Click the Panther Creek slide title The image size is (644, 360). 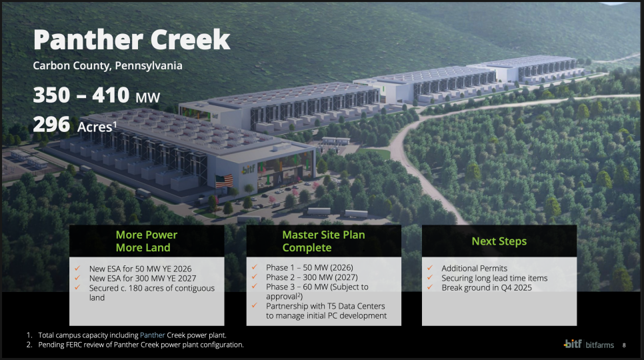coord(131,40)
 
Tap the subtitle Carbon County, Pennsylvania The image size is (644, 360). coord(107,66)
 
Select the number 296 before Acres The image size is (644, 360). coord(51,125)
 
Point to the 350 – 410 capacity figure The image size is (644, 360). coord(81,95)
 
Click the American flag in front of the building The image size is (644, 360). coord(224,181)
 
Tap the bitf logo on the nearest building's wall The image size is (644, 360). coord(248,169)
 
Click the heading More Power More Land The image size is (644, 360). coord(147,241)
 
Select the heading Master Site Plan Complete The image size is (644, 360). coord(323,241)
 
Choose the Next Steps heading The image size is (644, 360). coord(499,241)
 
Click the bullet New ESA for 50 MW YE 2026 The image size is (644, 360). coord(141,269)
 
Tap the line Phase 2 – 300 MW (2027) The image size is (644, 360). coord(312,277)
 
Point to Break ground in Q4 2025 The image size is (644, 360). coord(487,288)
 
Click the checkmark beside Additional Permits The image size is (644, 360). coord(430,267)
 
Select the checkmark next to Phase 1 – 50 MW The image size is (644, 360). coord(255,267)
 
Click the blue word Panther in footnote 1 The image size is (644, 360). coord(153,335)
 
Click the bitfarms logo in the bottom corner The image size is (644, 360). coord(589,344)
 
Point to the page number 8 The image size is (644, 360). coord(624,345)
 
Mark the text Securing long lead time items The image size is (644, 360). coord(495,278)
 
